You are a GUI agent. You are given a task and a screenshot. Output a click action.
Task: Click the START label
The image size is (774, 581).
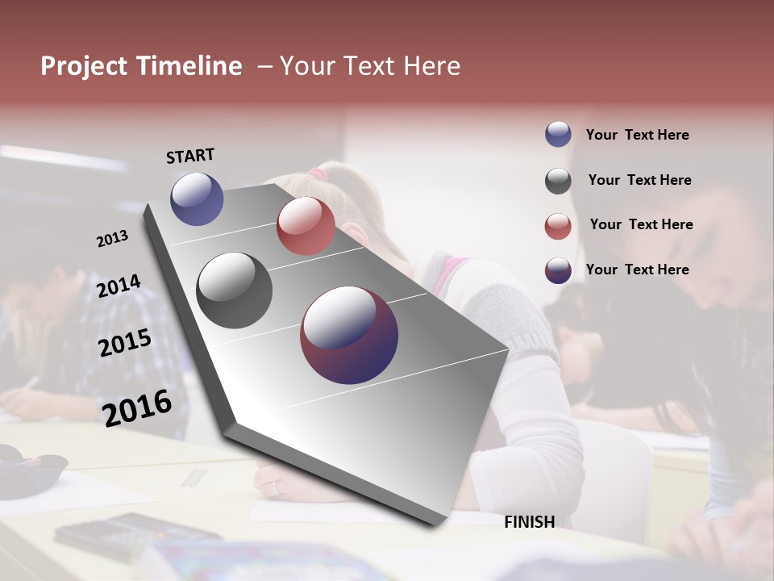coord(190,156)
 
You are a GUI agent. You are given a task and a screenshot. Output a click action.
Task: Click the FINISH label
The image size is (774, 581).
coord(529,522)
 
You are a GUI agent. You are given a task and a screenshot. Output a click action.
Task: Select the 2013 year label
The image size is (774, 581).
coord(112,239)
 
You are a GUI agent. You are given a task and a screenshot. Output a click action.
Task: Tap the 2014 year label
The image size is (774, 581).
coord(119,286)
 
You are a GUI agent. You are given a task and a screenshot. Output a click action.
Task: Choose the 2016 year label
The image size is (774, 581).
coord(137,408)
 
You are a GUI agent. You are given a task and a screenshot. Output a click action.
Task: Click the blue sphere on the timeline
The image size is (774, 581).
coord(197,199)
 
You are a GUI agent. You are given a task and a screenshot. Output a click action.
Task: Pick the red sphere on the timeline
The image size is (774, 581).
coord(306,226)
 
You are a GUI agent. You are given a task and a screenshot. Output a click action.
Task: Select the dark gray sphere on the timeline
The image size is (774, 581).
coord(235,290)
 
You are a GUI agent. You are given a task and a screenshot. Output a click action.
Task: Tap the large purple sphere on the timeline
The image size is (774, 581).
coord(349,335)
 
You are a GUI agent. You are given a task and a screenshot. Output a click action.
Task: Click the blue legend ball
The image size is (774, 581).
coord(558,134)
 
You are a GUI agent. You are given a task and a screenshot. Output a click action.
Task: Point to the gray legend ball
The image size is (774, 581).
coord(558,181)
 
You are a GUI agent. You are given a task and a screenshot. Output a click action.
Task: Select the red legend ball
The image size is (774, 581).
coord(558,226)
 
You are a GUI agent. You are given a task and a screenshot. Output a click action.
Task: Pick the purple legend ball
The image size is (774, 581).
coord(558,270)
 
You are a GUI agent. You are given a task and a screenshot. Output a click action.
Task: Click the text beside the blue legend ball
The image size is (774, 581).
coord(637,135)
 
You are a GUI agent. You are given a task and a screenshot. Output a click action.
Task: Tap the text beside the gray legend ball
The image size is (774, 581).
coord(639,180)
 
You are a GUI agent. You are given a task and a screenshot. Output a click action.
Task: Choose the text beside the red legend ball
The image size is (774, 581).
coord(641,224)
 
